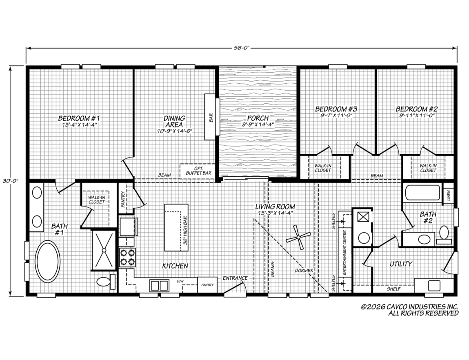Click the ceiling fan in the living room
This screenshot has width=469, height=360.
(x=298, y=238)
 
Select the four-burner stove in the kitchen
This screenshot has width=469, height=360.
(x=127, y=258)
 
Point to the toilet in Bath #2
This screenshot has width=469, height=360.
(x=444, y=233)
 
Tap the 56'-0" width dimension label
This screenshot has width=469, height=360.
(x=241, y=48)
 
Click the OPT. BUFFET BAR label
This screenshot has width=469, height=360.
(x=199, y=171)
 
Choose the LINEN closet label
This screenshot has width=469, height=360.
(x=449, y=196)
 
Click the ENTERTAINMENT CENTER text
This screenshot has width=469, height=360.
(x=345, y=253)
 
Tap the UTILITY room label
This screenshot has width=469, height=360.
(x=401, y=264)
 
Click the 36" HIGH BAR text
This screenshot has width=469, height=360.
(x=185, y=230)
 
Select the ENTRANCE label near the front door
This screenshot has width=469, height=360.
(x=235, y=278)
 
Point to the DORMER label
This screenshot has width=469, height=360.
(x=304, y=270)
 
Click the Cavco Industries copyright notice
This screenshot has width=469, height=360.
(x=410, y=310)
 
